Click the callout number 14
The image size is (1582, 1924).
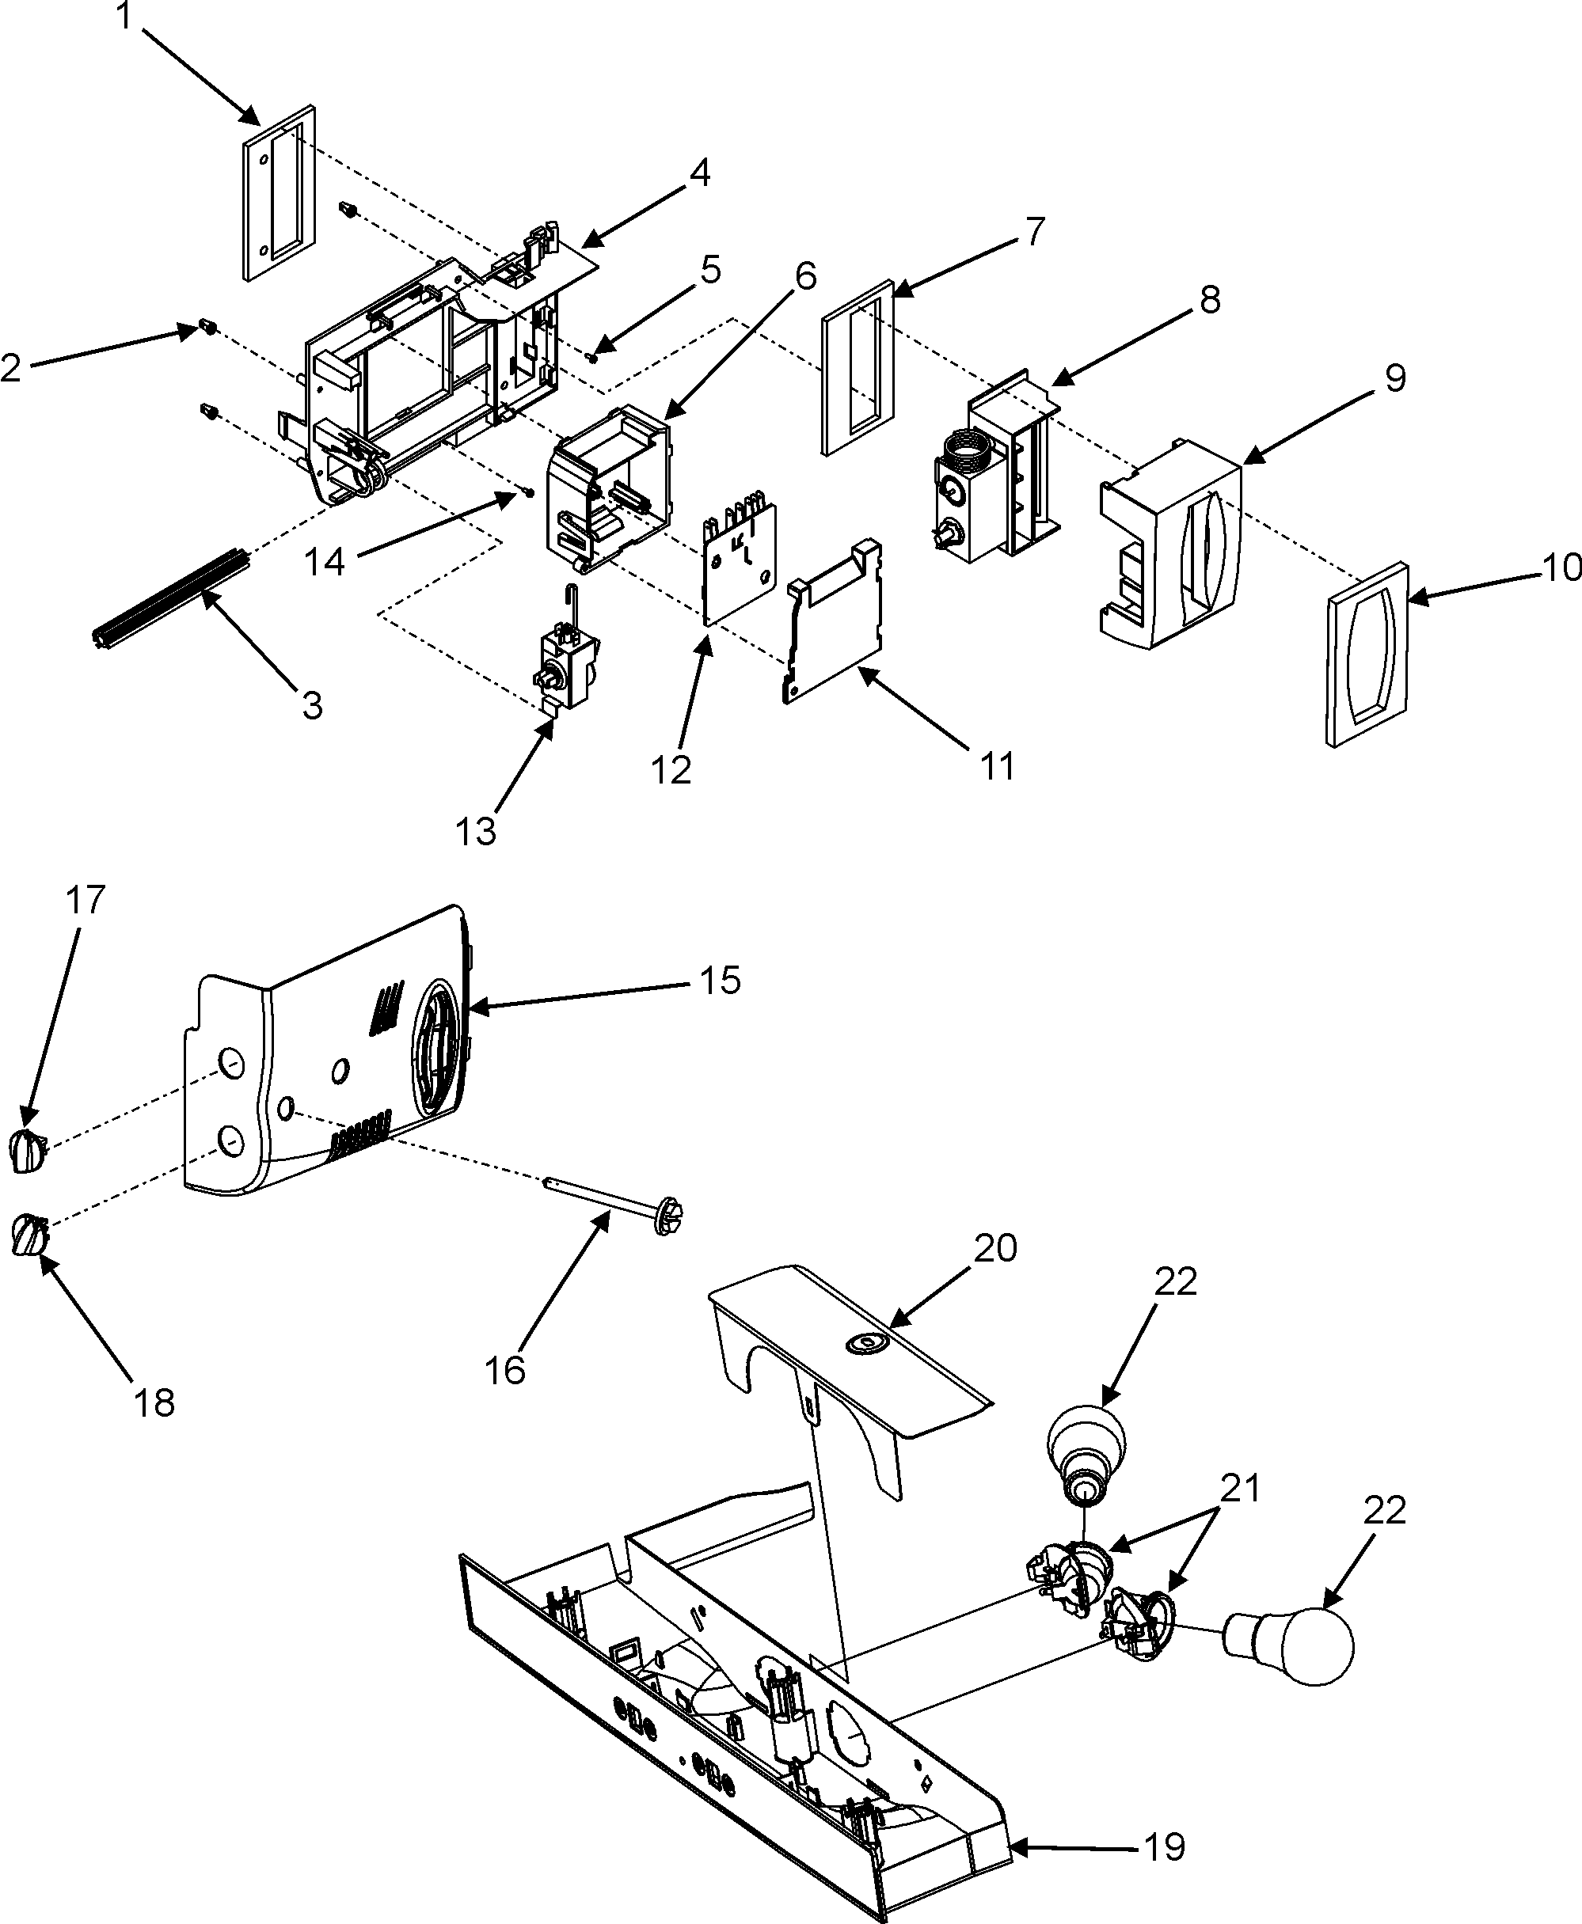click(325, 562)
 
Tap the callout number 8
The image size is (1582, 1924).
click(1208, 299)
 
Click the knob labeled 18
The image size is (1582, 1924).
click(28, 1236)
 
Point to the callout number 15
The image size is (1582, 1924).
click(720, 981)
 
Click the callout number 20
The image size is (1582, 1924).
click(994, 1248)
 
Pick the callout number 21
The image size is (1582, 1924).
click(1239, 1489)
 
